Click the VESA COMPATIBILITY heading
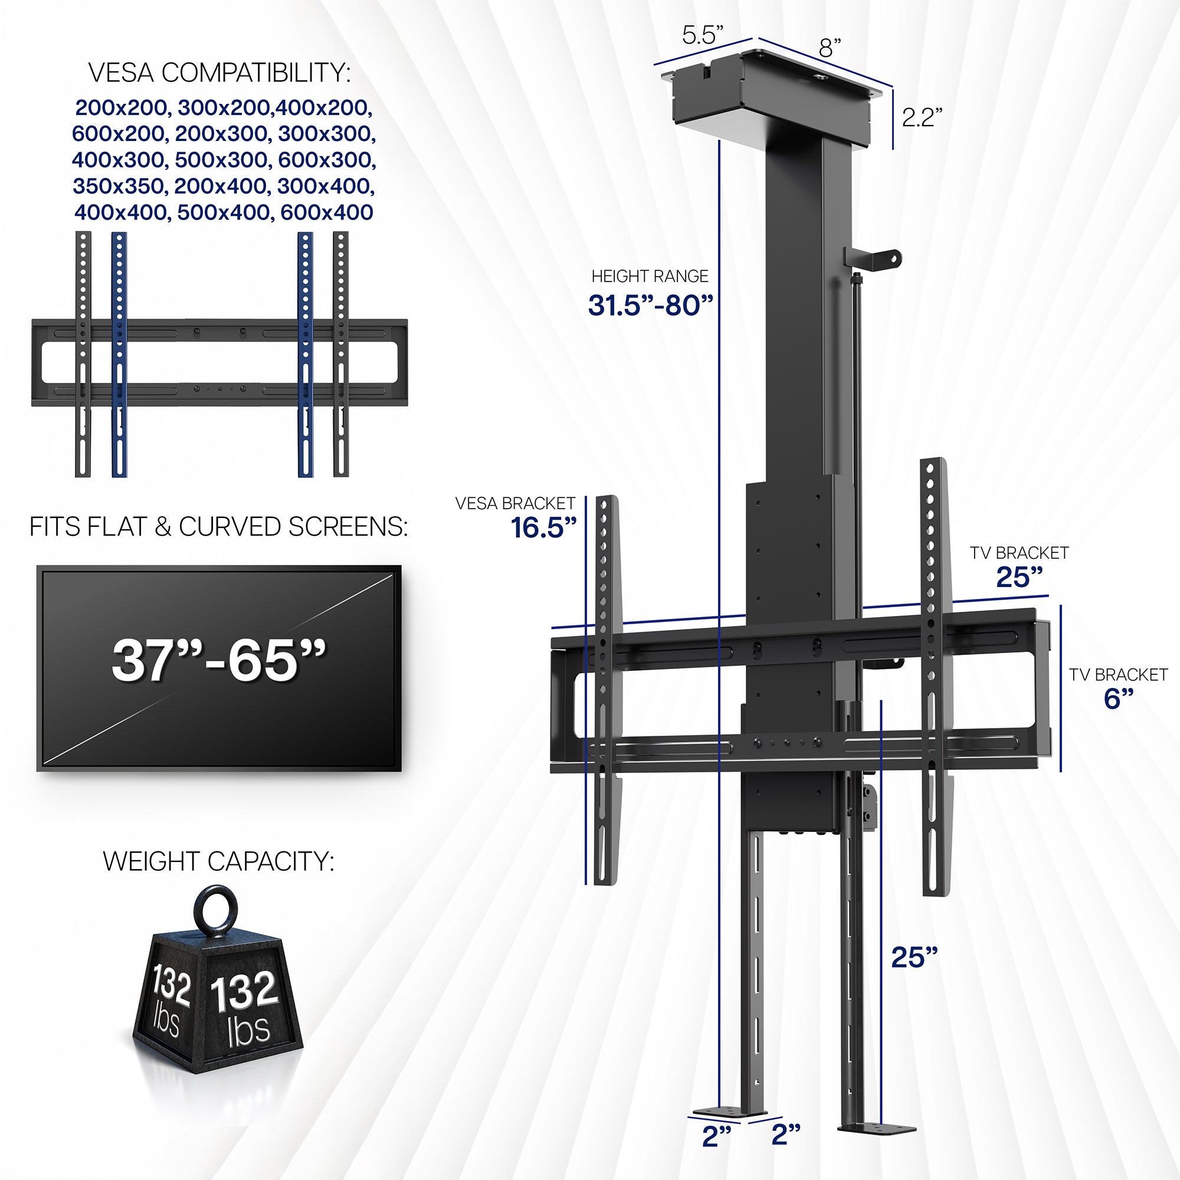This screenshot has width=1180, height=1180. pos(219,73)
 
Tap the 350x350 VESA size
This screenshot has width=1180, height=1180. pos(119,186)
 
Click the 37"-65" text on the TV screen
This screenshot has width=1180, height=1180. pos(219,660)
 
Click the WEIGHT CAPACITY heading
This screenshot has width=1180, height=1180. pos(219,861)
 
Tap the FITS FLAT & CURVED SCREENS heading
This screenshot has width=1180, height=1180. pos(219,527)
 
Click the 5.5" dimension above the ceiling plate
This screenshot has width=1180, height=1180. pos(702,35)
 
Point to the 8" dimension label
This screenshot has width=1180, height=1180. pos(830,48)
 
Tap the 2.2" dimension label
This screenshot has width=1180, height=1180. pos(922,117)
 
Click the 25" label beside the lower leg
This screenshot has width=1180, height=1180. pos(914,957)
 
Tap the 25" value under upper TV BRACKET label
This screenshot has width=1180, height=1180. pos(1020,577)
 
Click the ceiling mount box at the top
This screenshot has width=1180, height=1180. pos(769,98)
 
